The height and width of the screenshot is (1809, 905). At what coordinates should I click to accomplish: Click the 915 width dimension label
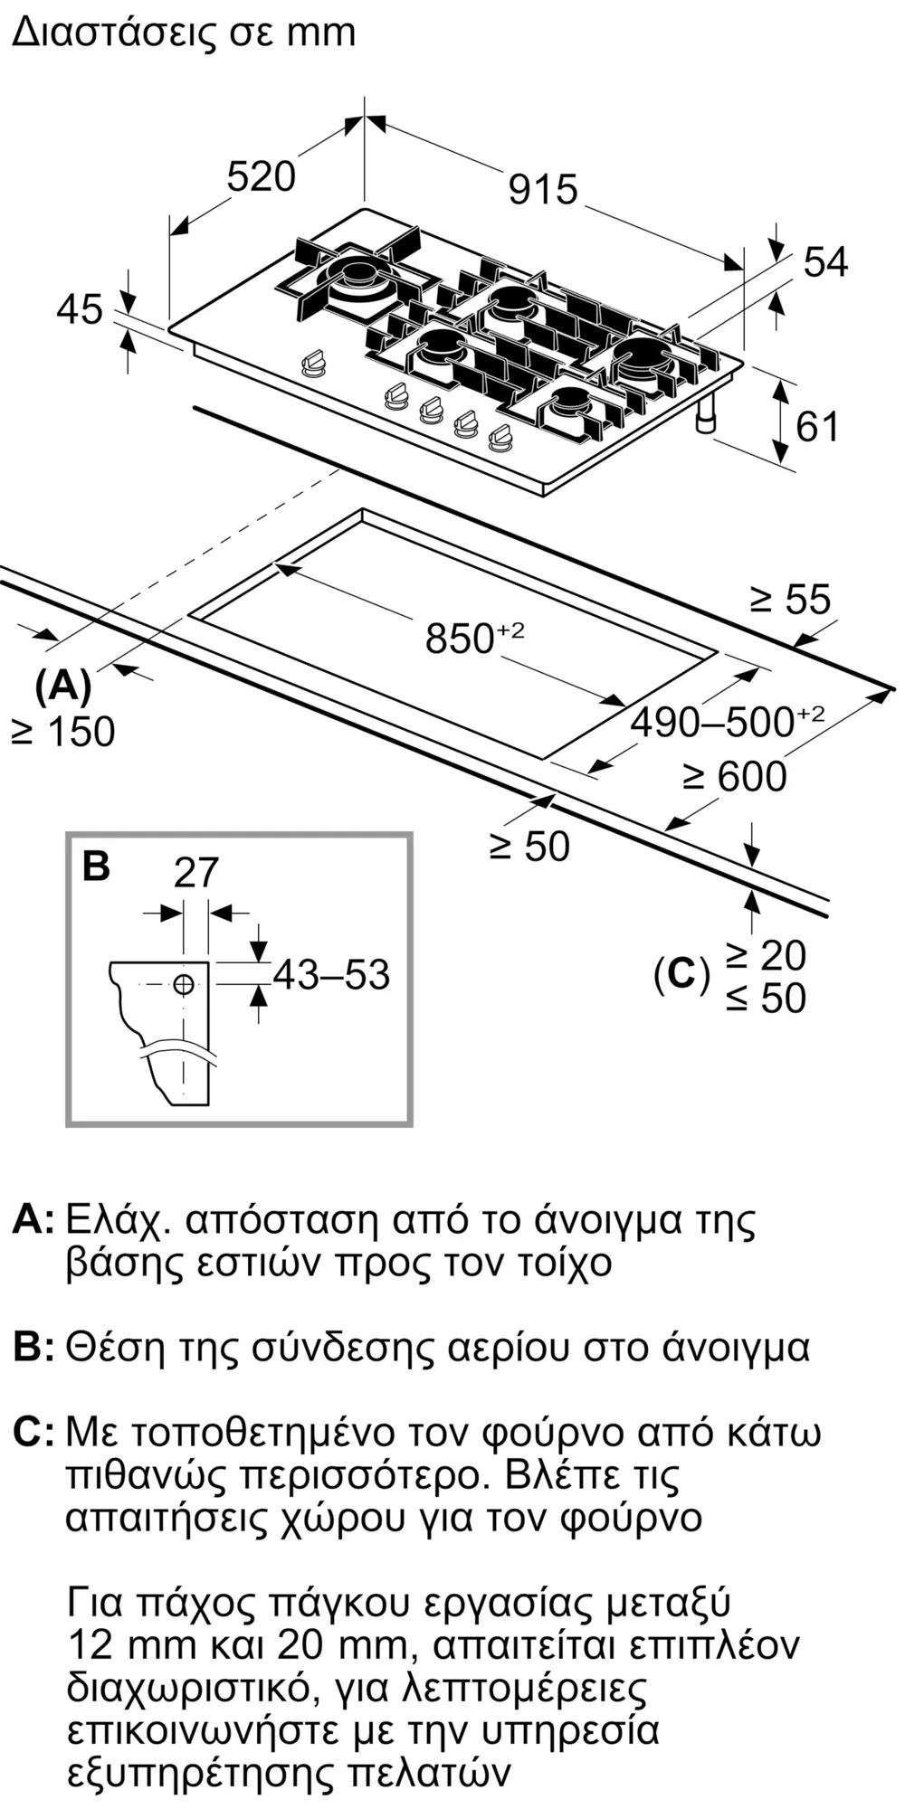[x=543, y=189]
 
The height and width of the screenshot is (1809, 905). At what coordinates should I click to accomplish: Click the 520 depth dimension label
[x=261, y=176]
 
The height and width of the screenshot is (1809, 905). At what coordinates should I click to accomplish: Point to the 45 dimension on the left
[x=80, y=309]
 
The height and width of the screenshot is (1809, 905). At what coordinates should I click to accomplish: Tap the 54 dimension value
[x=825, y=262]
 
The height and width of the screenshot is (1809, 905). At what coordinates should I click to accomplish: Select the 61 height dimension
[x=817, y=426]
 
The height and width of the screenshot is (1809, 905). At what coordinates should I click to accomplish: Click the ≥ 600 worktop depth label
[x=735, y=776]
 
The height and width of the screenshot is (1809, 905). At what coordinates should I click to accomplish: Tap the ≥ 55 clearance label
[x=790, y=599]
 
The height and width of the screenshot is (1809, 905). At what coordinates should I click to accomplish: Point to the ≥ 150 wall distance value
[x=63, y=732]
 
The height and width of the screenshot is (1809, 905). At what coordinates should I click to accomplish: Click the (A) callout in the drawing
[x=63, y=687]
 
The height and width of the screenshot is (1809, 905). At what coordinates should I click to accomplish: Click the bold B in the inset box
[x=96, y=866]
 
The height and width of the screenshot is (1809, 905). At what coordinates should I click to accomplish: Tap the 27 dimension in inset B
[x=196, y=873]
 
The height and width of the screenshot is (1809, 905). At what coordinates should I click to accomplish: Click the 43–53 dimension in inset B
[x=331, y=974]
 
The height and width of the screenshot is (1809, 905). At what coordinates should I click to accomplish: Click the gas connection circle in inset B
[x=184, y=984]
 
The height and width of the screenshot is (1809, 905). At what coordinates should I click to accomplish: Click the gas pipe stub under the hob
[x=706, y=413]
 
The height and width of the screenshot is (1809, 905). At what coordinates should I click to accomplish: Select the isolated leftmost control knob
[x=314, y=364]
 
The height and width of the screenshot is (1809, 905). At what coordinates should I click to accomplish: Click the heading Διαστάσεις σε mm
[x=184, y=33]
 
